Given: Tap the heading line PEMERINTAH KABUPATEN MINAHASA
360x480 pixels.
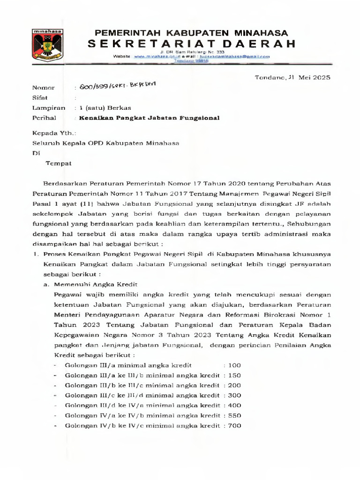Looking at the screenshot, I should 192,33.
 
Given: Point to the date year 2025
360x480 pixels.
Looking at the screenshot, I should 322,77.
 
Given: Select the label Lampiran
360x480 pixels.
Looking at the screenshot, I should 48,108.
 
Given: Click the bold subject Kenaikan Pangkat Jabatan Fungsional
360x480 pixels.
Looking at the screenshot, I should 150,118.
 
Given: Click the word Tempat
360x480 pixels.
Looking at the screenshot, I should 58,163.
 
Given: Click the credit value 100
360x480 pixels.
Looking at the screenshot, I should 234,365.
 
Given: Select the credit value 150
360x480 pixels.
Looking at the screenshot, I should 234,375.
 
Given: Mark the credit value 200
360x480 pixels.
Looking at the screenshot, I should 234,385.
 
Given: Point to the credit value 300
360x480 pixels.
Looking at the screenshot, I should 234,395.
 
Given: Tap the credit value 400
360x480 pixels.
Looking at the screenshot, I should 234,405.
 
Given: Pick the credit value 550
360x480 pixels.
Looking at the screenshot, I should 234,415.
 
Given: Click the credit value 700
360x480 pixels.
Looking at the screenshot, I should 234,426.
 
